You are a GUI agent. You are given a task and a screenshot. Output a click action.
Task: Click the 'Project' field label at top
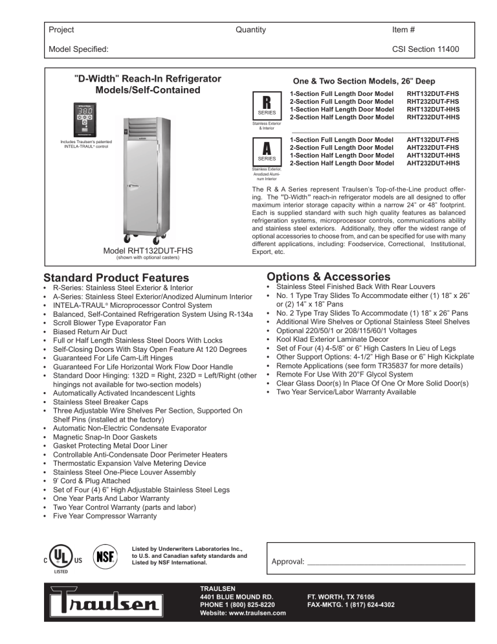pyautogui.click(x=61, y=30)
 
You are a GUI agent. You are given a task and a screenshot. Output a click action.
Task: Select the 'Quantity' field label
pyautogui.click(x=251, y=30)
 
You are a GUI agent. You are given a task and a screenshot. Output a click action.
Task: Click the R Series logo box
pyautogui.click(x=266, y=106)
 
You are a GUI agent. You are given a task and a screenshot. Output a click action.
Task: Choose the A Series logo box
pyautogui.click(x=266, y=152)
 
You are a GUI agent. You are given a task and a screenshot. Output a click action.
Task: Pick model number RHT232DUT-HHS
pyautogui.click(x=433, y=117)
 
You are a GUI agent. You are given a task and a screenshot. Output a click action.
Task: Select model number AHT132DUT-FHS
pyautogui.click(x=433, y=140)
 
